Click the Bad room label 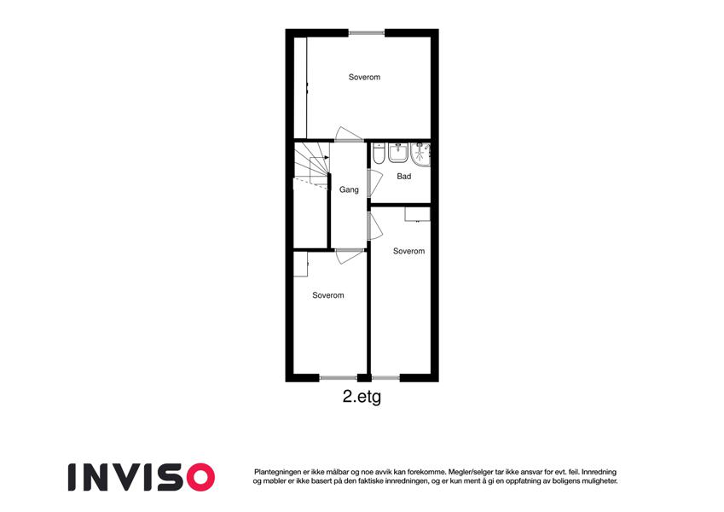[x=403, y=176]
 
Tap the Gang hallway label [x=349, y=189]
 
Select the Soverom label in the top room [x=364, y=77]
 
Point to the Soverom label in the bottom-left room [x=327, y=295]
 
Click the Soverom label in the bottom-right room [x=408, y=251]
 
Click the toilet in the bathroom [x=379, y=154]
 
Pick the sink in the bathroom [x=398, y=153]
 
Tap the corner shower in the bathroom [x=420, y=154]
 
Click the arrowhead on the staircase [x=327, y=158]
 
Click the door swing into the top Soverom [x=349, y=134]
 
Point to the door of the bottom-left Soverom [x=350, y=257]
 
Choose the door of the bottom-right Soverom [x=376, y=225]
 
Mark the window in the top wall [x=367, y=32]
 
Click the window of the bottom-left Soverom [x=338, y=378]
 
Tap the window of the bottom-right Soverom [x=385, y=378]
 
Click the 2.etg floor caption [x=362, y=397]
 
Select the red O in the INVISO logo [x=200, y=477]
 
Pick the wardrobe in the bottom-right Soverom [x=417, y=214]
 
